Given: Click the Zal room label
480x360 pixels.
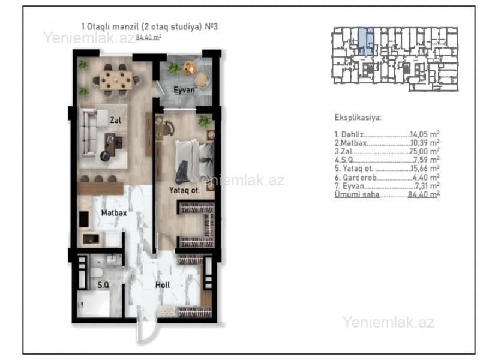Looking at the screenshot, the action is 115,121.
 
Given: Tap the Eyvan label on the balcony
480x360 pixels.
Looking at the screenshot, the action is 184,90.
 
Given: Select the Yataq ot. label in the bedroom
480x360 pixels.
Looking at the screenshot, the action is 184,190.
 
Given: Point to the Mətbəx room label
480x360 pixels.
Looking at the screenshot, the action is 114,213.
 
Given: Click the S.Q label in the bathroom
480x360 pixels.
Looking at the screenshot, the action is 103,285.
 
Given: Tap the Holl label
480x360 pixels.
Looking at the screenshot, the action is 163,285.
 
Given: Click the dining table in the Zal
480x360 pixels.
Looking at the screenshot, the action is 116,80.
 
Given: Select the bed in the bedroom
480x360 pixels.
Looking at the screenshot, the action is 194,161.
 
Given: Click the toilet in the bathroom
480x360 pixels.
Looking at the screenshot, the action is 97,272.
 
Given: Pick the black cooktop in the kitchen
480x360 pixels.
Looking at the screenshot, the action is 84,219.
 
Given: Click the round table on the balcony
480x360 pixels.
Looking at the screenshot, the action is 189,68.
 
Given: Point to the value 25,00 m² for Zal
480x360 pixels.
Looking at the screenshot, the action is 424,151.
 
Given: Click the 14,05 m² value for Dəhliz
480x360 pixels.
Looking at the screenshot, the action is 425,134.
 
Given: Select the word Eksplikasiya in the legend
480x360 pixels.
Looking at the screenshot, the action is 358,118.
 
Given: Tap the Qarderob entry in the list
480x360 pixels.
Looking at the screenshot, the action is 356,178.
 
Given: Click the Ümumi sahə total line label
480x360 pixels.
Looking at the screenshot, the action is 357,194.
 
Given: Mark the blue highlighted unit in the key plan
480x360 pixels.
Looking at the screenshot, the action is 366,41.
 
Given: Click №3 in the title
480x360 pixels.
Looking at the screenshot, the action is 211,26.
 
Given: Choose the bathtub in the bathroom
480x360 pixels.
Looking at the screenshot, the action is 94,304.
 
